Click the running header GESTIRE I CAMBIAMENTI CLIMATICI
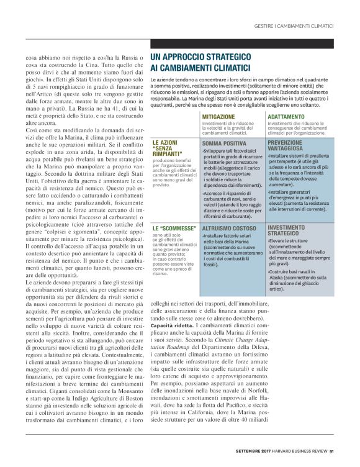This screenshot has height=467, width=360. point(294,26)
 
